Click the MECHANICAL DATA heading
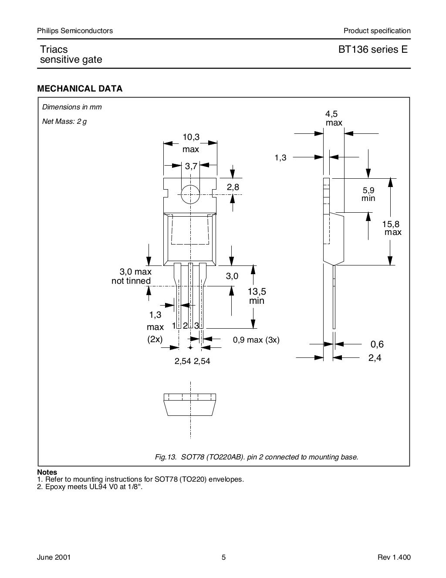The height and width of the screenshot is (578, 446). tap(80, 89)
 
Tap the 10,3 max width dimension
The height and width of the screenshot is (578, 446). tap(191, 143)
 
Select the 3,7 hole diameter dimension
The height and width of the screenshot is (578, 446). tap(191, 166)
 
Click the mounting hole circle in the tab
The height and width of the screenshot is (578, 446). tap(190, 194)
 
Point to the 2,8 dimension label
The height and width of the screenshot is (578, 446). tap(233, 187)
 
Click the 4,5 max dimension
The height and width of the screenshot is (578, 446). tap(334, 118)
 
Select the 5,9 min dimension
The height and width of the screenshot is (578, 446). tap(368, 194)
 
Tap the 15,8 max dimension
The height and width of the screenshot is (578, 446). tap(392, 228)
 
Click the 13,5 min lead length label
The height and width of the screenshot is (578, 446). tap(257, 296)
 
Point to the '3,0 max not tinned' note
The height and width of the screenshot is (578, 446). tap(132, 277)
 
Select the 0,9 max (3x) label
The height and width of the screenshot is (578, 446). tap(256, 340)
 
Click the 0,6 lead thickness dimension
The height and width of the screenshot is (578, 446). tap(377, 344)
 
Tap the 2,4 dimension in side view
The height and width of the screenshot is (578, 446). tap(375, 358)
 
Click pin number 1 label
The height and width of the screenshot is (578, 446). tap(174, 326)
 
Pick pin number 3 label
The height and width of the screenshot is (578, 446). tap(196, 326)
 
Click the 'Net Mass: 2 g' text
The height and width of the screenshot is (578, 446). tap(64, 122)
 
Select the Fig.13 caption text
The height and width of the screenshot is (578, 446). tap(257, 457)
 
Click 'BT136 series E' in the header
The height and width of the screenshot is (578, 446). tap(373, 50)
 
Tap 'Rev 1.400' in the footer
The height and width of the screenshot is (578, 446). tap(394, 558)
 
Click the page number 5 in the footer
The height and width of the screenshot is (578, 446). tap(223, 558)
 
